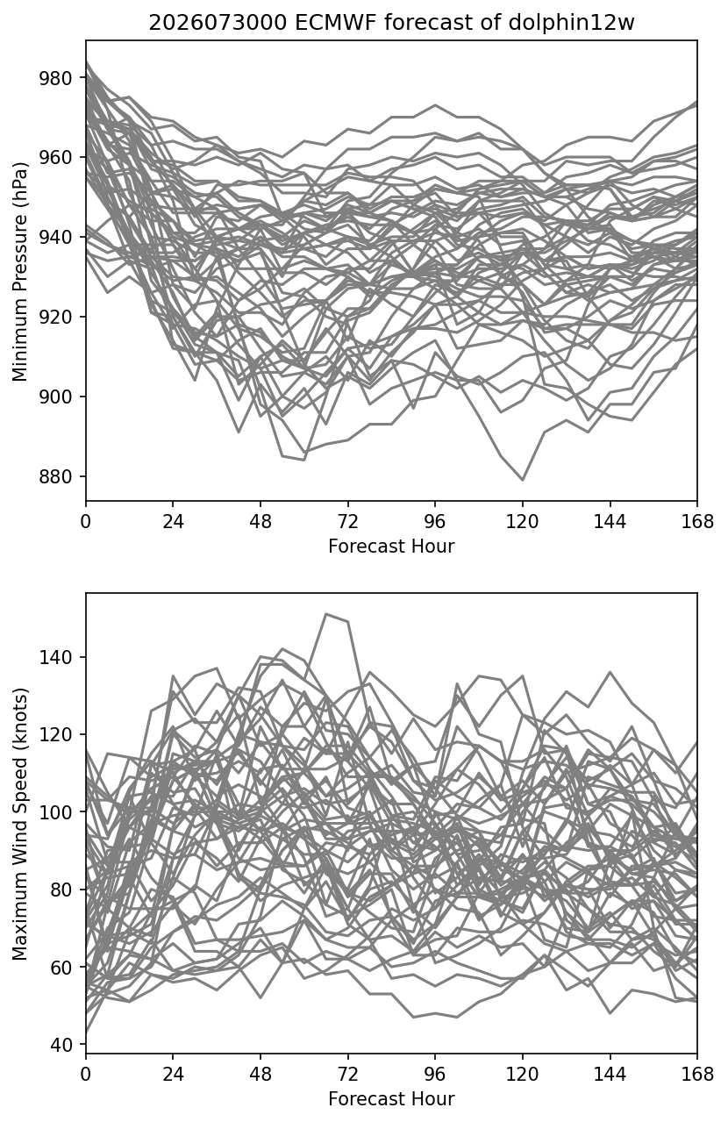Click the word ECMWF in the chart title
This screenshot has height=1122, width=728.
coord(335,23)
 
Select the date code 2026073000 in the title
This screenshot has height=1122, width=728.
coord(218,23)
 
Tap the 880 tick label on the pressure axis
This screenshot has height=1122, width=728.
coord(55,476)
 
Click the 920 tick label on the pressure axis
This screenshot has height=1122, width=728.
coord(55,317)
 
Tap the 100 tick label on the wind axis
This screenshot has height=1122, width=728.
coord(55,812)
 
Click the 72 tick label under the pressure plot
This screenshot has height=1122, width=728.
coord(348,522)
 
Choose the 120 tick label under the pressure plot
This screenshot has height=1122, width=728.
coord(522,522)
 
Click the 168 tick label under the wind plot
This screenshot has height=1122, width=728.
coord(697,1074)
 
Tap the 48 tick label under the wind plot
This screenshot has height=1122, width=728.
coord(261,1074)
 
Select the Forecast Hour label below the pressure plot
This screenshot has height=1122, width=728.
coord(391,546)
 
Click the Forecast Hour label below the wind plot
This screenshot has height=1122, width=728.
coord(391,1099)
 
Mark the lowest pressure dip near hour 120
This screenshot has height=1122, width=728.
coord(523,480)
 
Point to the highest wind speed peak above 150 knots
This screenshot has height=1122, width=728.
coord(326,613)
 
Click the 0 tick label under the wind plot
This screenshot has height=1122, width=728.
coord(86,1074)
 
